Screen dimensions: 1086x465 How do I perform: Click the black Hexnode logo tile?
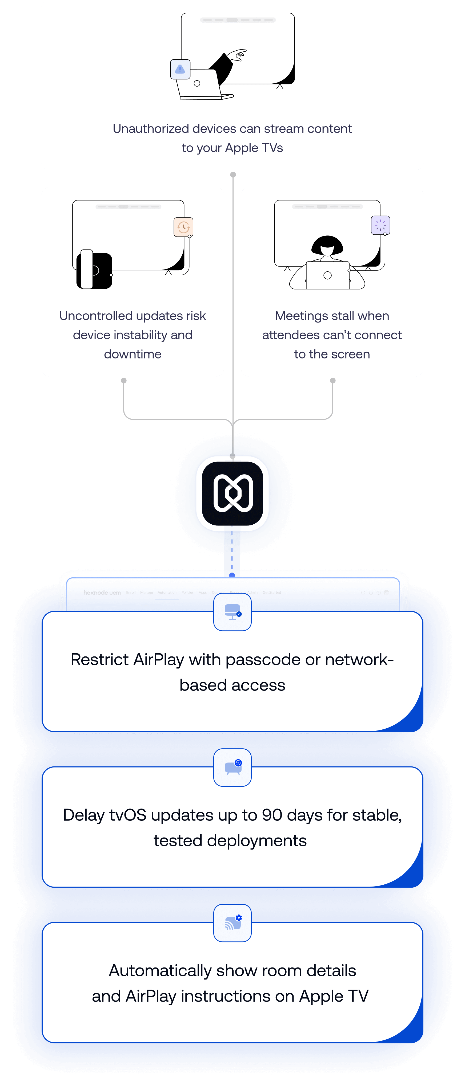coord(232,493)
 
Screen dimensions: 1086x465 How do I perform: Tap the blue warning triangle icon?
coord(180,69)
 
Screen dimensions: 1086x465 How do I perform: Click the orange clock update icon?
coord(183,227)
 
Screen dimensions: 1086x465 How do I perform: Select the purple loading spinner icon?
coord(380,225)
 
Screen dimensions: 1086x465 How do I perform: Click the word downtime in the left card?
coord(133,354)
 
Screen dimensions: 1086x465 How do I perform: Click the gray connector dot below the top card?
coord(233,174)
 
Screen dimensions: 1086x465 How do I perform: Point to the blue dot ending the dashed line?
coord(232,575)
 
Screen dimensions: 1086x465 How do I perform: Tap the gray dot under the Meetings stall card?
coord(332,381)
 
